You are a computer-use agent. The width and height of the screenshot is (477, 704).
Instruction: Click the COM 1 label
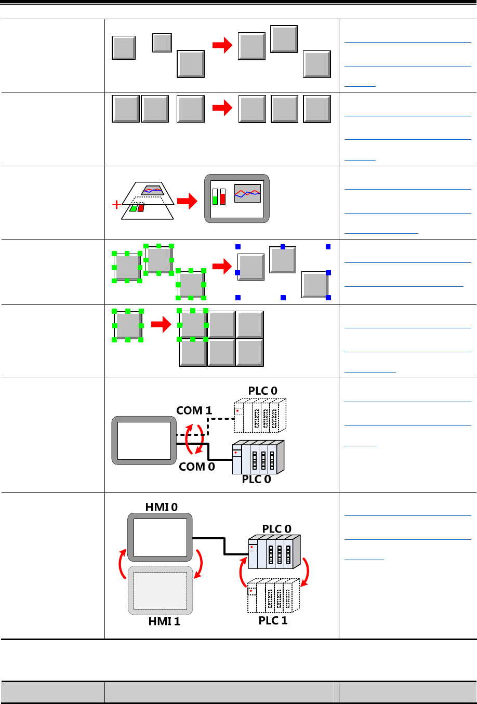click(x=194, y=410)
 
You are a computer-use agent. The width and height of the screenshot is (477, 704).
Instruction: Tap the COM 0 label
click(x=197, y=467)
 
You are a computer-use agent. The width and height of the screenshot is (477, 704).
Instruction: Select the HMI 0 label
click(x=161, y=507)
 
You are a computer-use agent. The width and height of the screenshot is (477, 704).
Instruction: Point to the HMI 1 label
click(x=164, y=621)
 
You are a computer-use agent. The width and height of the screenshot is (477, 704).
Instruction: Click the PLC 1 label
click(x=273, y=620)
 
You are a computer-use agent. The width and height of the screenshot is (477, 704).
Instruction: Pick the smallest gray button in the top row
click(x=162, y=43)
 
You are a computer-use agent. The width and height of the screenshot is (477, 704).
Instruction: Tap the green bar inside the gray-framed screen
click(x=215, y=196)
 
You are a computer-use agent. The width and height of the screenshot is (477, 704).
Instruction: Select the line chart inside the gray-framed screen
click(x=247, y=193)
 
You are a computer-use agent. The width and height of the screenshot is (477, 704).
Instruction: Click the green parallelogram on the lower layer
click(x=134, y=208)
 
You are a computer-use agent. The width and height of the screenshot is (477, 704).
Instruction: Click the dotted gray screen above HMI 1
click(x=160, y=590)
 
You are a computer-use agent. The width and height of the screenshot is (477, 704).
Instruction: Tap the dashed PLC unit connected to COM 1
click(x=260, y=415)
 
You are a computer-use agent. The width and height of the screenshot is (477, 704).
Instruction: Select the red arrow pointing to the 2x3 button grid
click(x=161, y=326)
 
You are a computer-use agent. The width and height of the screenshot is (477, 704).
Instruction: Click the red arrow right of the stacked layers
click(x=187, y=202)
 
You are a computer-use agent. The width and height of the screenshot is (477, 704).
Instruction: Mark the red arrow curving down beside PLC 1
click(x=306, y=572)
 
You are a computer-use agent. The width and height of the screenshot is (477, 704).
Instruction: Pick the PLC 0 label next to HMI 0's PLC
click(x=276, y=529)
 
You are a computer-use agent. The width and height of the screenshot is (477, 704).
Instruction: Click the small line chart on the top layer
click(x=153, y=190)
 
